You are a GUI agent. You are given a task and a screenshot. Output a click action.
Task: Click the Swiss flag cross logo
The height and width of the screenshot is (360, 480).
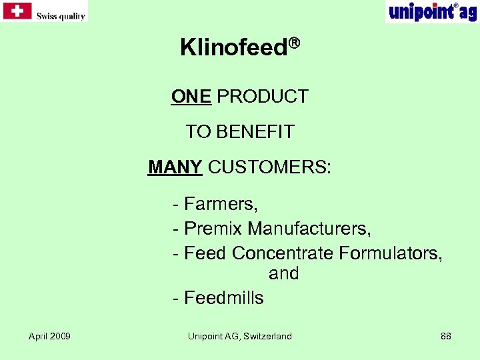pyautogui.click(x=17, y=11)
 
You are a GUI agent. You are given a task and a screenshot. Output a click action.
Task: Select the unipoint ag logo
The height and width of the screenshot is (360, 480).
pyautogui.click(x=432, y=11)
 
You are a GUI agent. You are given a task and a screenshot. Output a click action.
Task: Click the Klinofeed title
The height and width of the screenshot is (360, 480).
pyautogui.click(x=234, y=47)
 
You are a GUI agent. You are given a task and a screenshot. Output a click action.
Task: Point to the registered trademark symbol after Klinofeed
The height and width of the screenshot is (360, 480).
pyautogui.click(x=294, y=44)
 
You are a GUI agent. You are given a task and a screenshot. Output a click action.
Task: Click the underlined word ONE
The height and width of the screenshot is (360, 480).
pyautogui.click(x=191, y=97)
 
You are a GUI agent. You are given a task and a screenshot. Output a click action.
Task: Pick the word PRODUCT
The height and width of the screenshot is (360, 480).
pyautogui.click(x=263, y=97)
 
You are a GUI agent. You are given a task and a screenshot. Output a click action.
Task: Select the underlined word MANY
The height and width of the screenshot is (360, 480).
pyautogui.click(x=175, y=167)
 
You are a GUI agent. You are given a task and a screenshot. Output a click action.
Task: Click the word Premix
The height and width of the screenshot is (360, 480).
pyautogui.click(x=213, y=229)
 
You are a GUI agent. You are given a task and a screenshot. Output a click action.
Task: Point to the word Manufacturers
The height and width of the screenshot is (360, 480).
pyautogui.click(x=309, y=229)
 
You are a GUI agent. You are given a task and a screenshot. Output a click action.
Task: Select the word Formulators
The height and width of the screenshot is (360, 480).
pyautogui.click(x=390, y=253)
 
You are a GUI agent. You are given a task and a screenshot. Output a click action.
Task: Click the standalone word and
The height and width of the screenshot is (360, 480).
pyautogui.click(x=283, y=273)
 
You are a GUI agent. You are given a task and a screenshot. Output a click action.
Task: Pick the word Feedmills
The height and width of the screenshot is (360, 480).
pyautogui.click(x=223, y=297)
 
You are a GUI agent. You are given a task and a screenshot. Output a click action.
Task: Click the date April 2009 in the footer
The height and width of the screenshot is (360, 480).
pyautogui.click(x=50, y=336)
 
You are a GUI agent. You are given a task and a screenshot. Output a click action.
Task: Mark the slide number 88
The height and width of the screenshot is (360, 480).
pyautogui.click(x=446, y=336)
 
